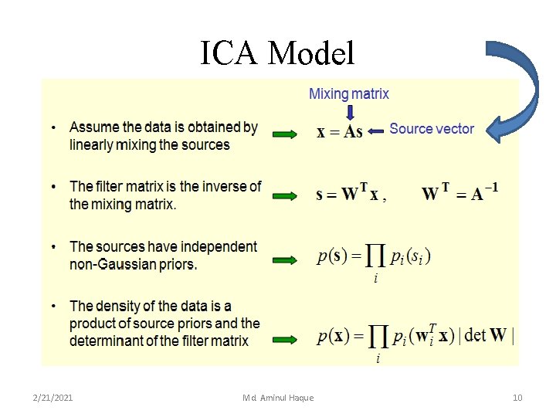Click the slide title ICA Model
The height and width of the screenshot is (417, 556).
277,53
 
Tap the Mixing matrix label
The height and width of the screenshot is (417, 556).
349,94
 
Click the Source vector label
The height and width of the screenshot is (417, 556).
432,129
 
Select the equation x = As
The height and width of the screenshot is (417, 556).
340,132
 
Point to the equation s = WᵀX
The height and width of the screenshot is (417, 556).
348,195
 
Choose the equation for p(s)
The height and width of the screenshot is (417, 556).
374,258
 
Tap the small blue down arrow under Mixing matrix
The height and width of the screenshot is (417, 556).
350,112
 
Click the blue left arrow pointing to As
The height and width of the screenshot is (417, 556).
375,132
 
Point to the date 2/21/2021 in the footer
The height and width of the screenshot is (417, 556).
53,398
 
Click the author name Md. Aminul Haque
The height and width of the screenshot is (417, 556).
278,398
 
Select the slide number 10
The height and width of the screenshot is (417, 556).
517,398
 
